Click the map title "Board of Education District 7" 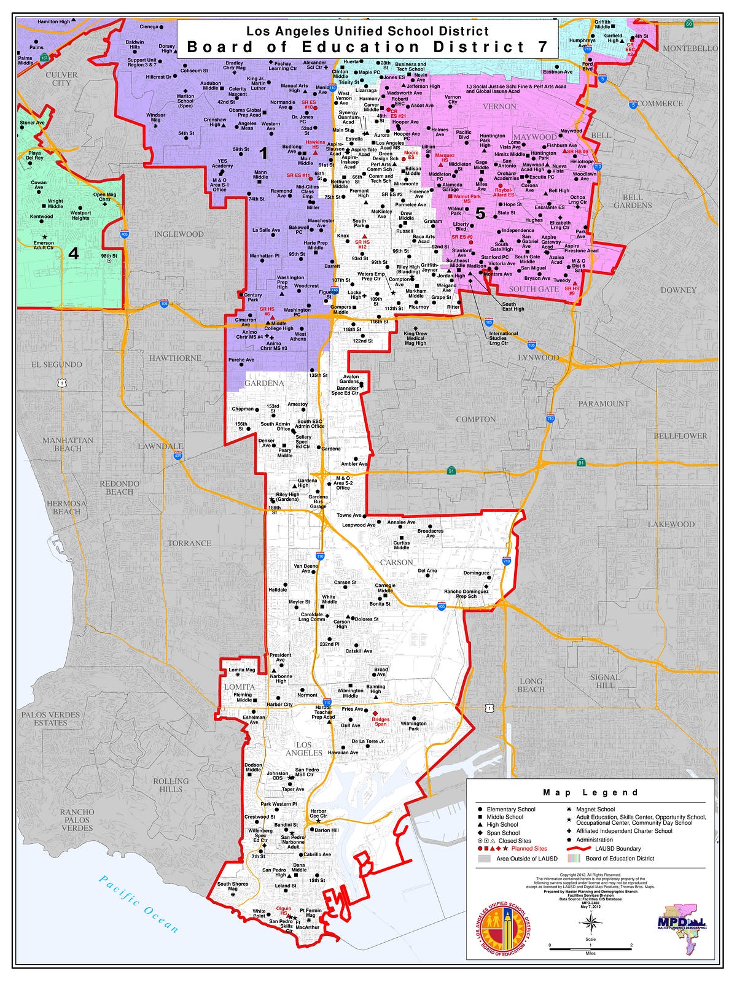tap(367, 47)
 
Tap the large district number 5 tap(480, 214)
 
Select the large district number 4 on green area tap(74, 253)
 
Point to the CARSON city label tap(396, 562)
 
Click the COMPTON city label tap(475, 419)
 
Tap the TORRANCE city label tap(190, 543)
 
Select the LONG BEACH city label tap(531, 685)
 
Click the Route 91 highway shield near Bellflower tap(580, 462)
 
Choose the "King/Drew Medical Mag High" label tap(415, 338)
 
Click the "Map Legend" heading tap(590, 792)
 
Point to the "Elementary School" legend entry tap(510, 809)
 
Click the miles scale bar tap(590, 949)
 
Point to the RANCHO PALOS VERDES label tap(77, 819)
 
